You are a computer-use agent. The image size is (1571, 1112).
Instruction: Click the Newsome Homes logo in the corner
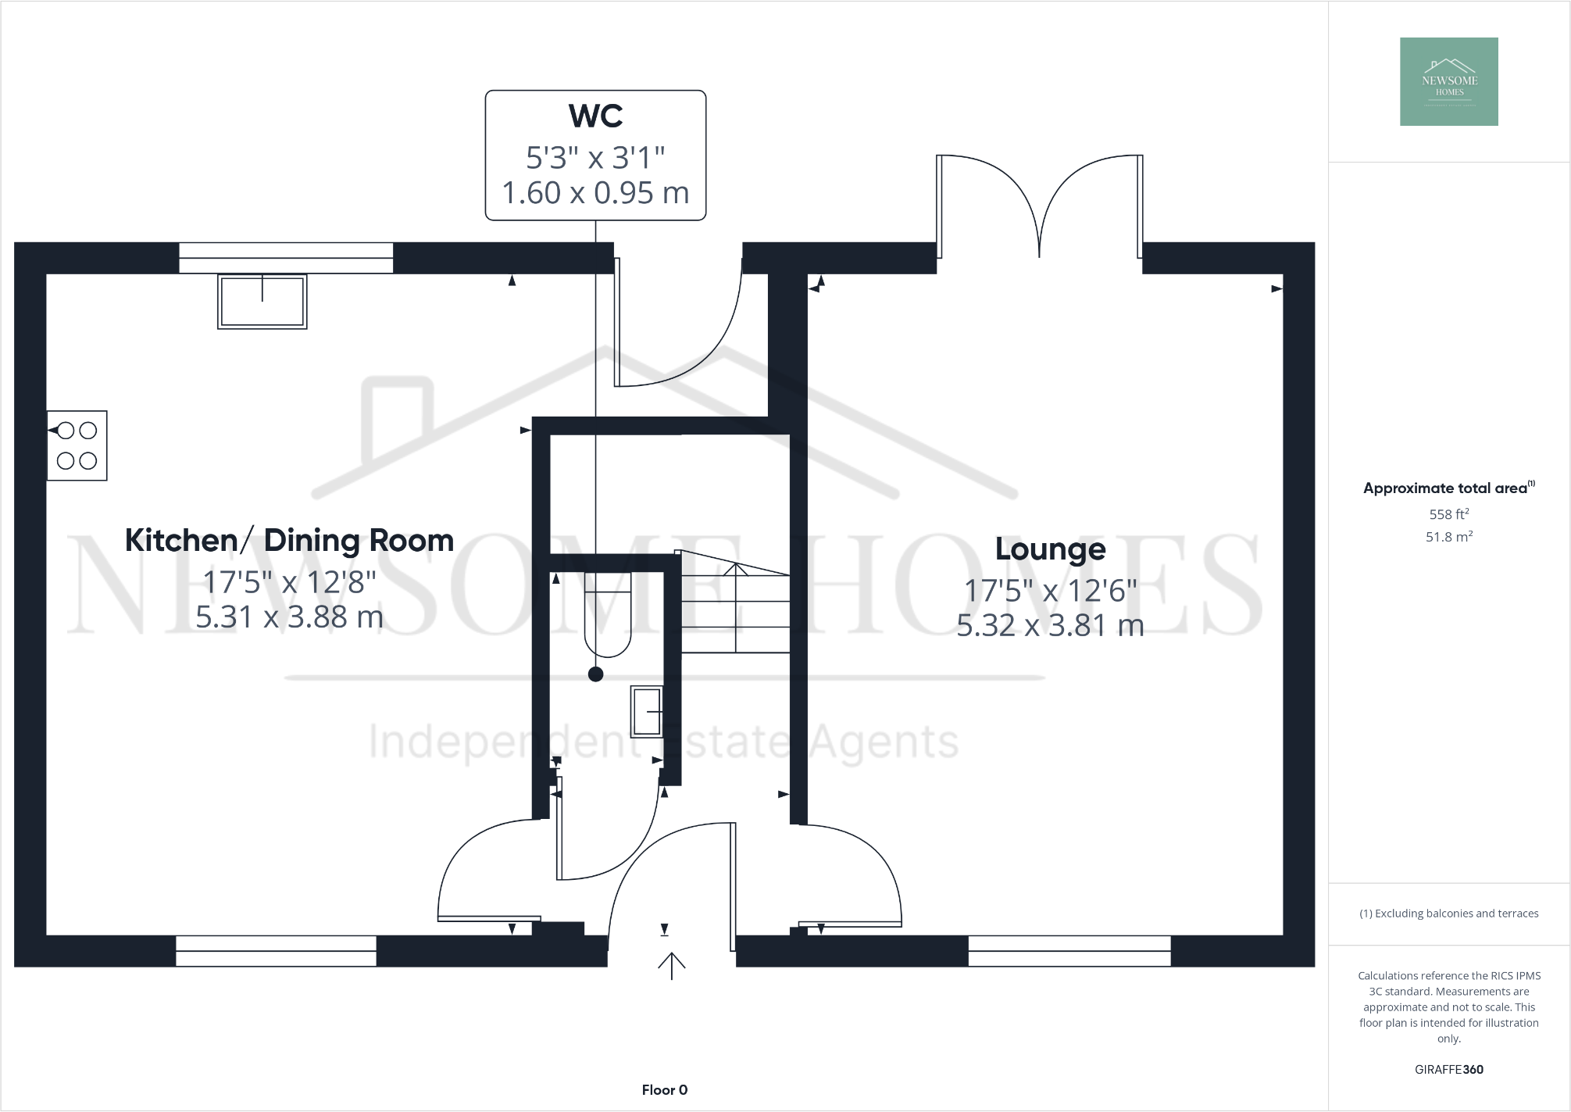(1448, 81)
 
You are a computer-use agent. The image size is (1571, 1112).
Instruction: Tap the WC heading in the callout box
(595, 116)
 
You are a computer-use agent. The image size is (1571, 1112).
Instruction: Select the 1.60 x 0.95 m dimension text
(595, 193)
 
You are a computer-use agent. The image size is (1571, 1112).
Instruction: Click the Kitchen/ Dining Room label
(289, 540)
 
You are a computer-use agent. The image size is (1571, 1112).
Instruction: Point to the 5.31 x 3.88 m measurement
(289, 617)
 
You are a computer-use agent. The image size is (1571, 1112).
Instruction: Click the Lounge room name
(1050, 549)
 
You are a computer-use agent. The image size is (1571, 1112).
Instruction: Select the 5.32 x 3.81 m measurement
(1050, 625)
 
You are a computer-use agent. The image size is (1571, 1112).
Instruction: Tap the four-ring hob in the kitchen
(77, 445)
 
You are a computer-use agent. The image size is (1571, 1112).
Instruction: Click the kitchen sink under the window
(262, 302)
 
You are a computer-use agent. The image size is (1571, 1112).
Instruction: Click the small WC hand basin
(647, 711)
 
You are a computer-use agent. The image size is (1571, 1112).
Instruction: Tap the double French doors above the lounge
(1039, 207)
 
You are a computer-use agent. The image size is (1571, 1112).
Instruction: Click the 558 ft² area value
(1448, 513)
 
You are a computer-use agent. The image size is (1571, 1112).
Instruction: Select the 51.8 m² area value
(1448, 536)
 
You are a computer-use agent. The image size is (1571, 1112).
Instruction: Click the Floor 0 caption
(664, 1090)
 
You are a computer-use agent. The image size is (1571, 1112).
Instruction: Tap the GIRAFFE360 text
(1448, 1070)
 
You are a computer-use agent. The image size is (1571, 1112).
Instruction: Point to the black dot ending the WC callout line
(595, 674)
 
